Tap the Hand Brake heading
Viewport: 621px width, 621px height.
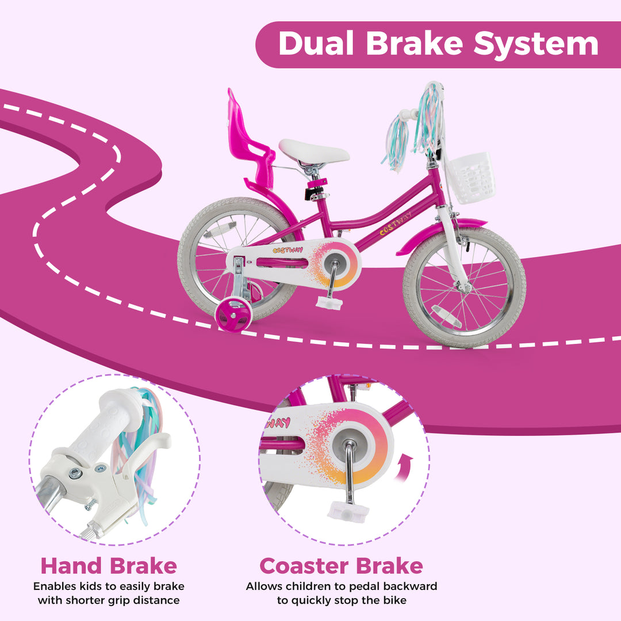[109, 566]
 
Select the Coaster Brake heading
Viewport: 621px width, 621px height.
[341, 566]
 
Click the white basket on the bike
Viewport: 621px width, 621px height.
[471, 177]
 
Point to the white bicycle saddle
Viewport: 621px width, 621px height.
[314, 152]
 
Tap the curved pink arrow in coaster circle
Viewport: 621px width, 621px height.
[407, 464]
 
